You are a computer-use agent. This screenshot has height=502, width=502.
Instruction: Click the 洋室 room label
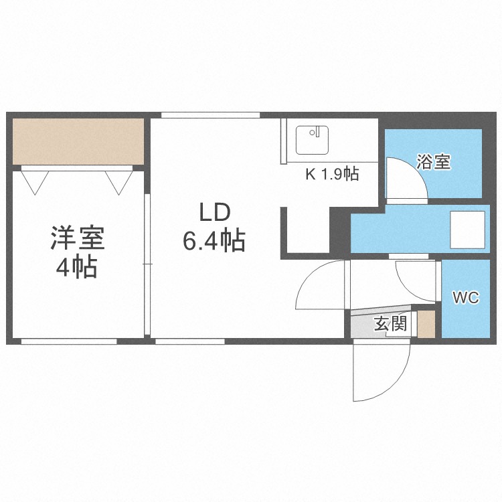point(78,238)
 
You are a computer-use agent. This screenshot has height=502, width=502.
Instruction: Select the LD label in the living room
point(215,213)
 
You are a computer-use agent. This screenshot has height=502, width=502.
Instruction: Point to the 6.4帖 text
point(214,240)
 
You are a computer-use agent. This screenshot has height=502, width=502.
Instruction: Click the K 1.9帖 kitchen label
point(332,174)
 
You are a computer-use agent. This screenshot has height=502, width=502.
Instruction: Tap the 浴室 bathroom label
point(434,162)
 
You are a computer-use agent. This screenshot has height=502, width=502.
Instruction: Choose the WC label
point(466,298)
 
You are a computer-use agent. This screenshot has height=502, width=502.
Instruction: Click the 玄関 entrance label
point(391,323)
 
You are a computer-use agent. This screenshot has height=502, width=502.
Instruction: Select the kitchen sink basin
point(312,141)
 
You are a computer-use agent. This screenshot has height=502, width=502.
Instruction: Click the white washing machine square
point(467,230)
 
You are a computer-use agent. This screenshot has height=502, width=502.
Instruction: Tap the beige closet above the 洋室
point(78,141)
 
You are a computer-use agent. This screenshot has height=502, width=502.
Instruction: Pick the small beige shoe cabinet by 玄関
point(426,324)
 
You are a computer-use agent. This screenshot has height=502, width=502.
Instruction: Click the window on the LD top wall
point(210,115)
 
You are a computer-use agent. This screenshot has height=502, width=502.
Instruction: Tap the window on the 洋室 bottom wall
point(69,341)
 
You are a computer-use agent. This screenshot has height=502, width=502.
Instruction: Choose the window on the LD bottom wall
point(190,341)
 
